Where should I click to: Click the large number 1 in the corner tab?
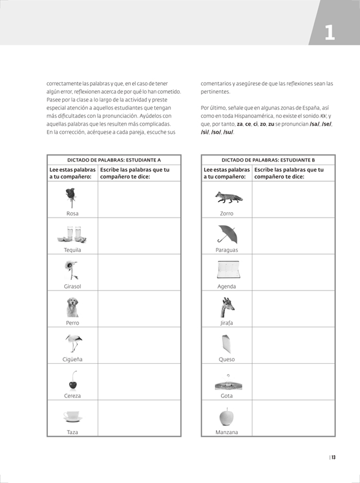click(330, 32)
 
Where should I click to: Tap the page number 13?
click(333, 457)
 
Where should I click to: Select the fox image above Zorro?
click(229, 197)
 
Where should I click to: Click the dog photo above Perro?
click(72, 307)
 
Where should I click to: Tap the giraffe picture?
click(227, 307)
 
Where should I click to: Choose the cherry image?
click(72, 380)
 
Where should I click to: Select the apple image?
click(226, 416)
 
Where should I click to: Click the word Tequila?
click(72, 250)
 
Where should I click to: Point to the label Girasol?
click(72, 287)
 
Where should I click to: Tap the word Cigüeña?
click(72, 360)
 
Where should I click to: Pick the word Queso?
click(226, 360)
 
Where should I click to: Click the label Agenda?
click(226, 287)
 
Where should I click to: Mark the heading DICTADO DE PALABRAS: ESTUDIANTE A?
click(114, 160)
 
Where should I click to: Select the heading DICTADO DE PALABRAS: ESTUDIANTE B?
click(268, 160)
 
